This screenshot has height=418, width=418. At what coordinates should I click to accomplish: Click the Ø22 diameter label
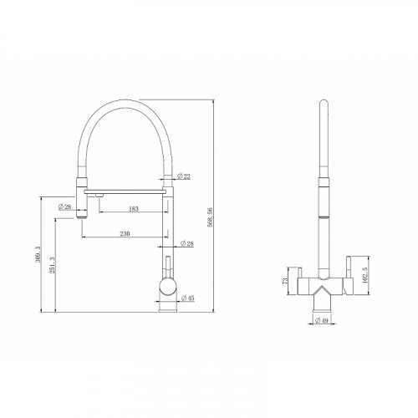click(186, 176)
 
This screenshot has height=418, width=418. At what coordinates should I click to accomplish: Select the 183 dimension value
click(134, 207)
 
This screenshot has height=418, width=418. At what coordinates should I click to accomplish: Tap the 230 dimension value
click(125, 232)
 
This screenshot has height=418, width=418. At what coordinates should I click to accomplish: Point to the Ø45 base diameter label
click(190, 297)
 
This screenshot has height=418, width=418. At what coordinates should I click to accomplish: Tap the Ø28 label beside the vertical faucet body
click(189, 243)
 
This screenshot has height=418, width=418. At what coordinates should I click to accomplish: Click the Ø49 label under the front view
click(322, 320)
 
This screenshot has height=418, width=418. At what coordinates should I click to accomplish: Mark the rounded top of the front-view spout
click(322, 105)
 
